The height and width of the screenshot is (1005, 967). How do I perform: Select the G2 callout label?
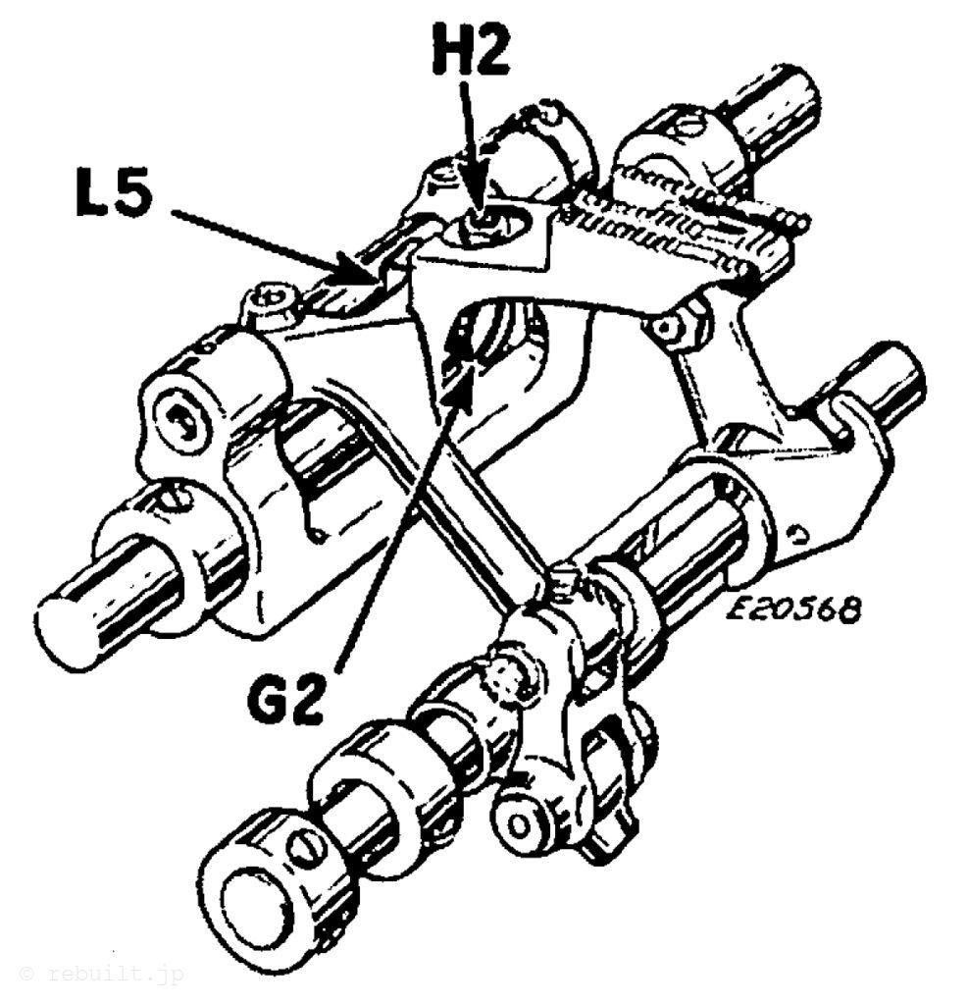(283, 696)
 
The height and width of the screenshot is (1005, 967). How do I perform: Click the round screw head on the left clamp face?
(183, 423)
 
